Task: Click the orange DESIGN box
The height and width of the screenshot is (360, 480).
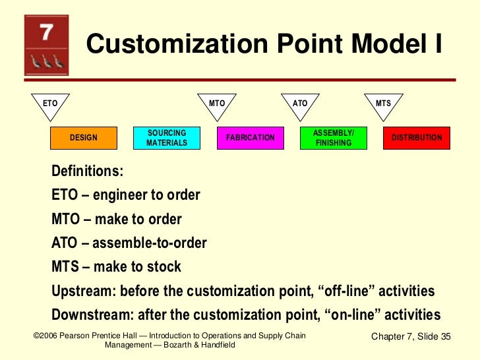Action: (x=84, y=138)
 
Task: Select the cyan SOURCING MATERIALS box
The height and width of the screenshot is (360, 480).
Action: (x=166, y=138)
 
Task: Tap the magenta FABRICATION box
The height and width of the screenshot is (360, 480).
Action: (x=250, y=138)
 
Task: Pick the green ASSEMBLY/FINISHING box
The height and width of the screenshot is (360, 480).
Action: (x=333, y=138)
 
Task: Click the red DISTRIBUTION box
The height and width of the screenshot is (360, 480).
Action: (x=417, y=138)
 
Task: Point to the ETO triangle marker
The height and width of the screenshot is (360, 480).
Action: (x=51, y=105)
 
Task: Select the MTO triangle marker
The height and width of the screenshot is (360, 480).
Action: (x=217, y=105)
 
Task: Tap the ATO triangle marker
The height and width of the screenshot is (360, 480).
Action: (x=300, y=105)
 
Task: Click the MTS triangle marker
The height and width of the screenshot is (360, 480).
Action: (x=383, y=105)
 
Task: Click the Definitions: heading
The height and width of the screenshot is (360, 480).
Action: (x=87, y=171)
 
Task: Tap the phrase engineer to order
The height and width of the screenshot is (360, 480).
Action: (x=146, y=196)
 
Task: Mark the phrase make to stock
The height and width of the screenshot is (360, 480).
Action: (x=137, y=267)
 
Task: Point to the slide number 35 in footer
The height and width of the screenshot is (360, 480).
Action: (x=444, y=337)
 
